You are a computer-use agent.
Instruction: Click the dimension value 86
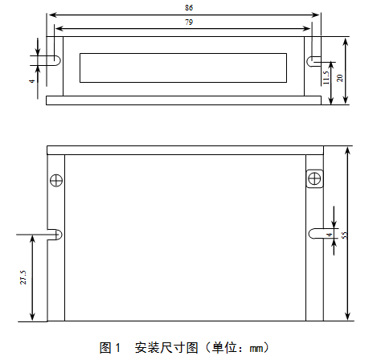pyautogui.click(x=189, y=8)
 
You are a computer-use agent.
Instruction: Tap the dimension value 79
pyautogui.click(x=189, y=22)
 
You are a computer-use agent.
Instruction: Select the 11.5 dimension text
pyautogui.click(x=326, y=77)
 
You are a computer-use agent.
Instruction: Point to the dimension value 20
pyautogui.click(x=340, y=78)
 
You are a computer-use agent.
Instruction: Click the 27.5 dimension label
pyautogui.click(x=23, y=277)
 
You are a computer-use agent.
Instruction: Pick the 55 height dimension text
pyautogui.click(x=345, y=235)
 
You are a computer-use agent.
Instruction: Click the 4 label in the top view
pyautogui.click(x=32, y=80)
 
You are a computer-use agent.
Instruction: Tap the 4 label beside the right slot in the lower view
pyautogui.click(x=330, y=235)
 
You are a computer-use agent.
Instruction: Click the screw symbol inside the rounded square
pyautogui.click(x=314, y=178)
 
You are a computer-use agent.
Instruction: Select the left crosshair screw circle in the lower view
pyautogui.click(x=56, y=180)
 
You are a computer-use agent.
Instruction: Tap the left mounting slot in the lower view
pyautogui.click(x=55, y=235)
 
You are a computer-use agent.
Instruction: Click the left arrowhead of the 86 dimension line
pyautogui.click(x=51, y=14)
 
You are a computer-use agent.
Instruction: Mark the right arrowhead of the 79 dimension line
pyautogui.click(x=306, y=28)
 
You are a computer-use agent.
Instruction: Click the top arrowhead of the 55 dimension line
pyautogui.click(x=347, y=150)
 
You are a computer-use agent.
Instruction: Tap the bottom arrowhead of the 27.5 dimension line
pyautogui.click(x=32, y=317)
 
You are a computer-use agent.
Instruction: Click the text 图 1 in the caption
pyautogui.click(x=110, y=348)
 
